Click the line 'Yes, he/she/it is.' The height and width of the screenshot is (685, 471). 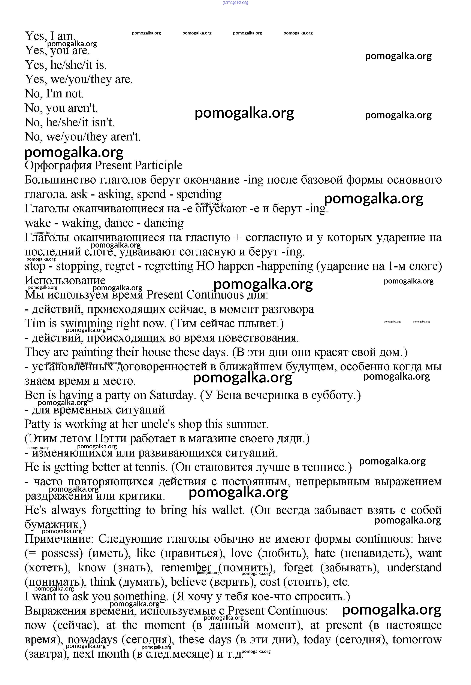(x=66, y=65)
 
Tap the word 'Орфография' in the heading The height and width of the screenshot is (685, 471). (x=58, y=166)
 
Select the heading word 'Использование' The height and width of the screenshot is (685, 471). (x=65, y=280)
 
